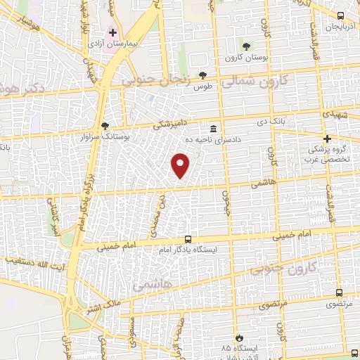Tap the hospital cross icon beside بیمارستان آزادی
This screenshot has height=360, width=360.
[112, 32]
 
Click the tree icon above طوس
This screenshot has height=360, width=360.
[203, 75]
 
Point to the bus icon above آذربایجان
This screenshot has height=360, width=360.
[340, 15]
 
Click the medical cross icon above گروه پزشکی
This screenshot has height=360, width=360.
[326, 139]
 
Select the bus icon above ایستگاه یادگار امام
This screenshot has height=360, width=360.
[187, 239]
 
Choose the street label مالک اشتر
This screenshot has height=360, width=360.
[98, 304]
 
